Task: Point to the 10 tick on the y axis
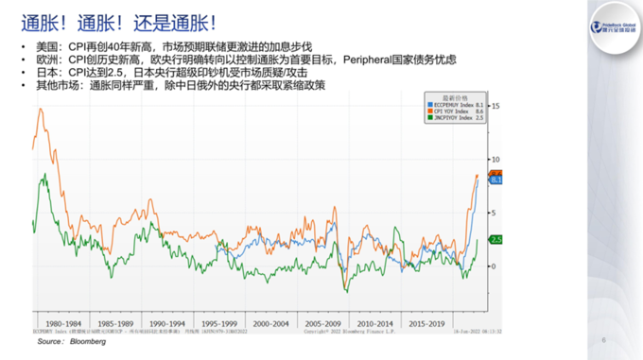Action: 496,161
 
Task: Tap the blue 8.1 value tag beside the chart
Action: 495,179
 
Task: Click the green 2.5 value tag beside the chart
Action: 496,240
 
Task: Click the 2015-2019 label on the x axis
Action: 426,323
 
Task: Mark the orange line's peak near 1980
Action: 41,110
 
